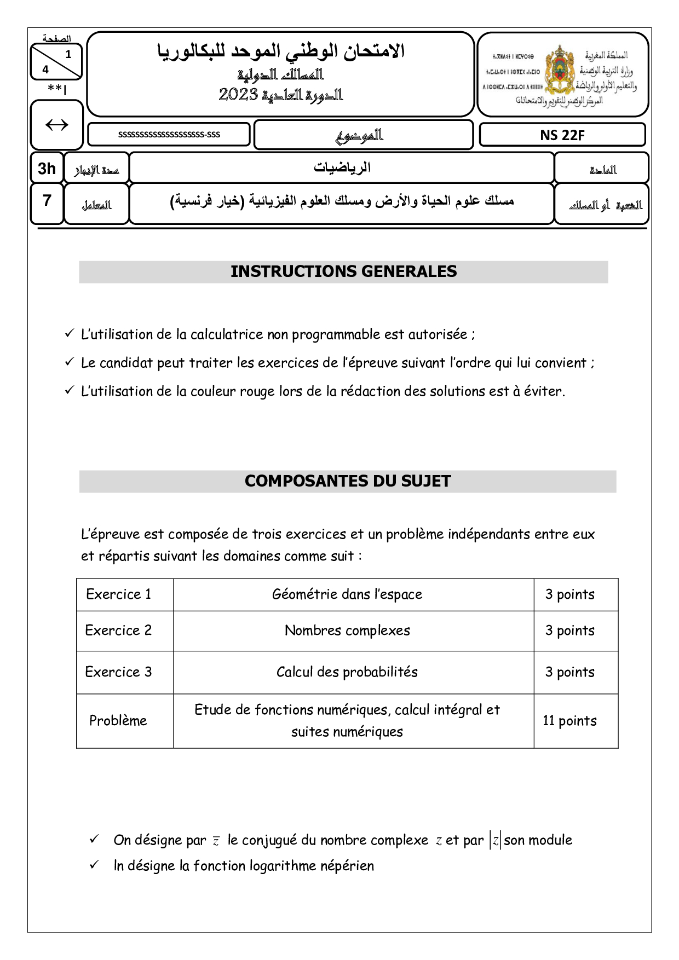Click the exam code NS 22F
562,135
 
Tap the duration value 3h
47,169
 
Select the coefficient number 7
47,201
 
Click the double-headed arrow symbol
56,125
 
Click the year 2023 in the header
239,95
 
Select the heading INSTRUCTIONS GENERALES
343,272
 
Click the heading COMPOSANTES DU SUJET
348,481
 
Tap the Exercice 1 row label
119,594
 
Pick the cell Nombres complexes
347,631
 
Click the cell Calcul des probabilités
347,672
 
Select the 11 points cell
569,721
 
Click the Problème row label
118,721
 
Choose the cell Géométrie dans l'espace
347,594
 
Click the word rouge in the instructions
257,391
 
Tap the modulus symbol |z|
495,840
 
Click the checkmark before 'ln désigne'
94,865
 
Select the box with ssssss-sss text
169,135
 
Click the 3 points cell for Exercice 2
569,631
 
